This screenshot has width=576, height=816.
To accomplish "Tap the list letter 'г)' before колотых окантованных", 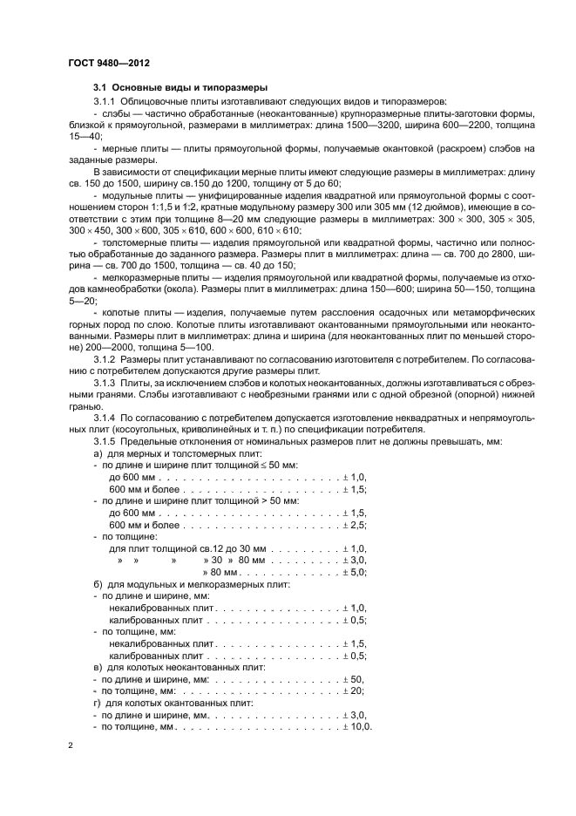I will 97,702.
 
